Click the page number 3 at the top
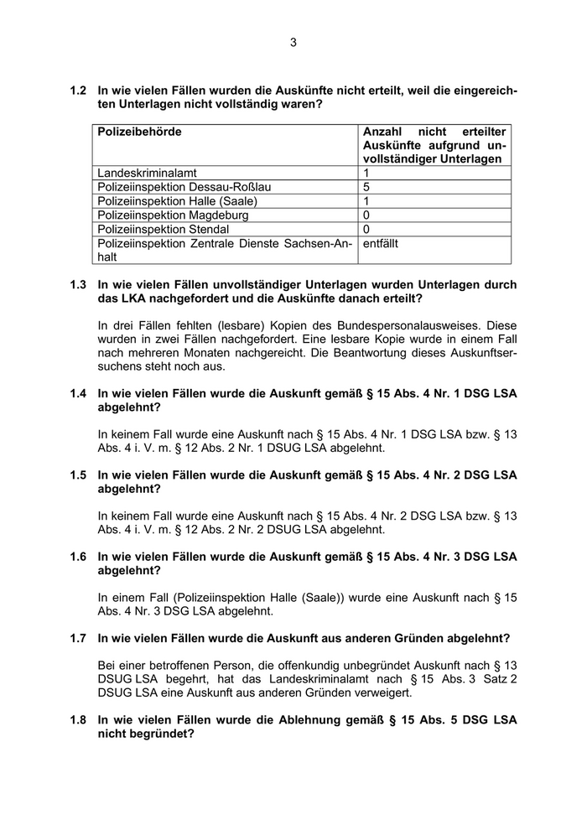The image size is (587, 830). pos(293,42)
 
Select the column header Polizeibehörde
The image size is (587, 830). pos(139,132)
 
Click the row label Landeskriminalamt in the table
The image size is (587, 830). pos(147,173)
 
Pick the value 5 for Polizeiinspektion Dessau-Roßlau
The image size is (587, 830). pos(366,187)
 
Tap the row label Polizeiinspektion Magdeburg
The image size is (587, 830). pos(173,215)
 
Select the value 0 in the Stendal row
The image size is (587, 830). pos(366,229)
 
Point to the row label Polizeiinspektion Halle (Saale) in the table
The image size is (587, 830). pos(177,201)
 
